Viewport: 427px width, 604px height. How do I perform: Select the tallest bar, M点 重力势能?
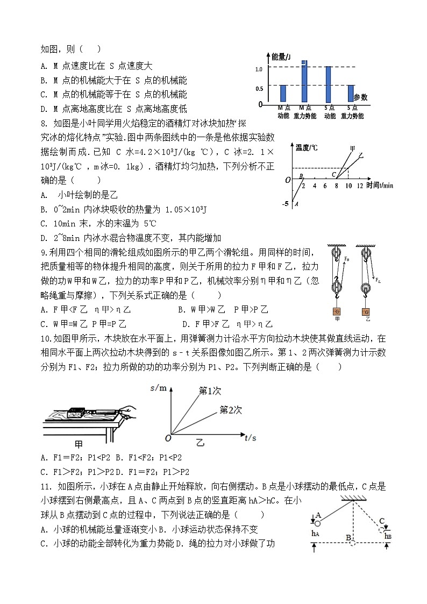[x=304, y=81]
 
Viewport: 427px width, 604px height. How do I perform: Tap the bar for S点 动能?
[x=328, y=84]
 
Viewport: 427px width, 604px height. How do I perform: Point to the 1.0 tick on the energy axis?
[x=259, y=69]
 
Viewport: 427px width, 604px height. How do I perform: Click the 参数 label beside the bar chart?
[x=361, y=97]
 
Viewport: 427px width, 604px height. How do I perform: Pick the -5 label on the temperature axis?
[x=286, y=204]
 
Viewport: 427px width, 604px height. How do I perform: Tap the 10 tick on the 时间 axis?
[x=348, y=186]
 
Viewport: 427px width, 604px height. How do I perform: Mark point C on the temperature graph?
[x=334, y=174]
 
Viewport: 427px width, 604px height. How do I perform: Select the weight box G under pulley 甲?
[x=338, y=312]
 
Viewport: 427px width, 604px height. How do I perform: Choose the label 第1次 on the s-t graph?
[x=210, y=391]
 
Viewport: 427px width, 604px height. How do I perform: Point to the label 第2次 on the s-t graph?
[x=231, y=410]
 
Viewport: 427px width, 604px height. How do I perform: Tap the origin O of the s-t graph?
[x=168, y=439]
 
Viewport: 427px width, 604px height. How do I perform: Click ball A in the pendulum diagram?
[x=317, y=523]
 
